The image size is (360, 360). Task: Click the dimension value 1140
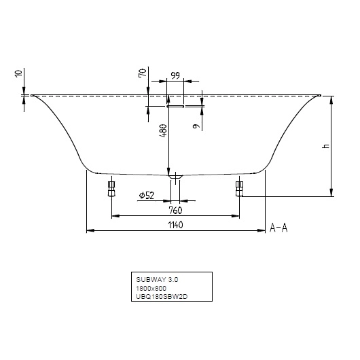174,225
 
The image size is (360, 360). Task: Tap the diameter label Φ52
147,196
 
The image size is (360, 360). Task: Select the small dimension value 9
196,125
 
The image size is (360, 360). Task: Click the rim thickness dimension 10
18,75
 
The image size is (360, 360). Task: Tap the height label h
325,146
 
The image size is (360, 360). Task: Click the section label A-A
279,228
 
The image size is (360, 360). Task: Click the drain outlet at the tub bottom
175,177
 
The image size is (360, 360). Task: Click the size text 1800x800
151,288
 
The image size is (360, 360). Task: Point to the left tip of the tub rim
31,96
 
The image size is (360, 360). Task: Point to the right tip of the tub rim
320,96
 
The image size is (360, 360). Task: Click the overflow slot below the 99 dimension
175,106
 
